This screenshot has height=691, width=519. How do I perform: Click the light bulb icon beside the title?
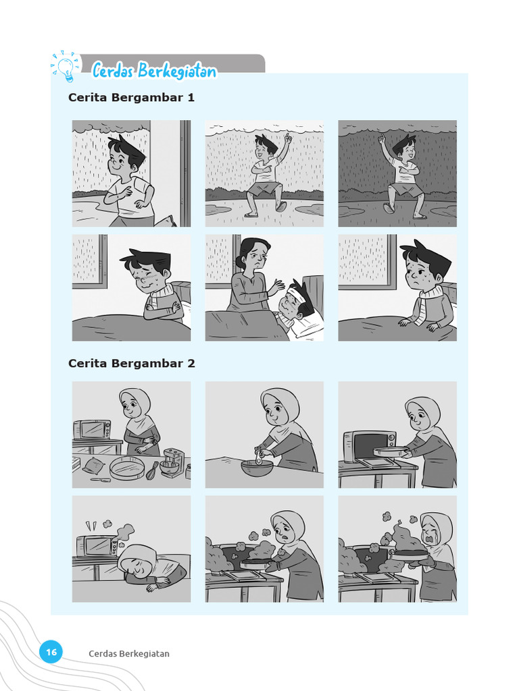click(66, 67)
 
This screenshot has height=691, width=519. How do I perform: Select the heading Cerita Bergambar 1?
click(131, 97)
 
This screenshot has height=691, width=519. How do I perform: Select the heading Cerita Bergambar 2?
click(131, 363)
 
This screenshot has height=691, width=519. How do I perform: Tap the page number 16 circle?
click(51, 652)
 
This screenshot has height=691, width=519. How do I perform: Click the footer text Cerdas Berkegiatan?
click(128, 653)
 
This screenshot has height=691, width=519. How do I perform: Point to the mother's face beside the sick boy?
click(256, 256)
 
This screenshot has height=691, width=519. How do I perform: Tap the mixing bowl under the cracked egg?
click(257, 468)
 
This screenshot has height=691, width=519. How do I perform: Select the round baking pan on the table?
click(127, 467)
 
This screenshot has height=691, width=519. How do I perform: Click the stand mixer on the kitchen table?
click(172, 463)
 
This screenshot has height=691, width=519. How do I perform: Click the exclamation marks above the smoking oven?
click(90, 525)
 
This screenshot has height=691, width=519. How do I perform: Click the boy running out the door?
click(128, 179)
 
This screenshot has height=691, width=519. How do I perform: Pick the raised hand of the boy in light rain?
click(287, 139)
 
